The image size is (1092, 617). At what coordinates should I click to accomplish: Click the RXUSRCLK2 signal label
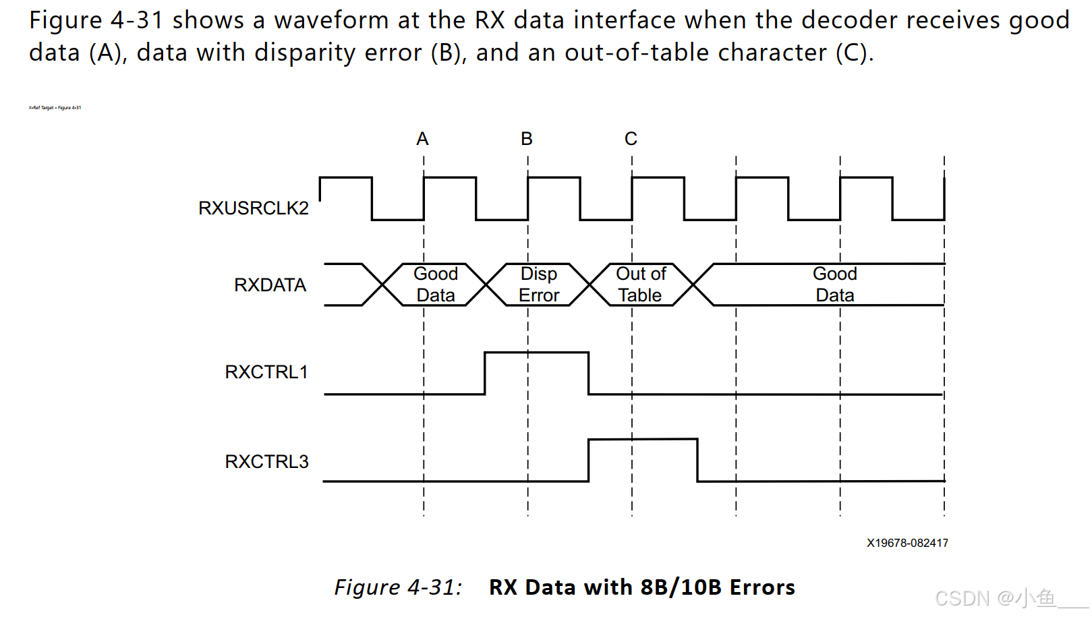click(253, 208)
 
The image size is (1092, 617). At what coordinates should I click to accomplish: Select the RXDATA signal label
click(270, 285)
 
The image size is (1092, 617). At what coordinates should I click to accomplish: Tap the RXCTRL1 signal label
click(266, 372)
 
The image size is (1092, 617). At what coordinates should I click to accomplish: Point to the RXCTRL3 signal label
click(266, 462)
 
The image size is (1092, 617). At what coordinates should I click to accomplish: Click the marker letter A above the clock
click(422, 139)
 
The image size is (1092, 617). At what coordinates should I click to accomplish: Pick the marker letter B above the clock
click(527, 139)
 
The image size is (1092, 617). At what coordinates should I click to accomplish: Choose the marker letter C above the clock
click(631, 139)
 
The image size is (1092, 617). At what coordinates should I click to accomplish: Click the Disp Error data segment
click(538, 285)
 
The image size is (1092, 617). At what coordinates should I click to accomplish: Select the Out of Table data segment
click(641, 285)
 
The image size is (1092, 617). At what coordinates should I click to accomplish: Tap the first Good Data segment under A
click(435, 285)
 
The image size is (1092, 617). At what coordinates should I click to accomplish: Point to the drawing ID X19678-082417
click(907, 543)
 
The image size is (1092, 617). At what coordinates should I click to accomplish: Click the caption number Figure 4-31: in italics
click(398, 587)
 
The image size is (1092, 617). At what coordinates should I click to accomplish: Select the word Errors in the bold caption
click(761, 587)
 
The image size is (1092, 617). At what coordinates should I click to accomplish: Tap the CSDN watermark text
click(995, 598)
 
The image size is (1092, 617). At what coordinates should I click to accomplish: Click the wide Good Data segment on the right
click(834, 285)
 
